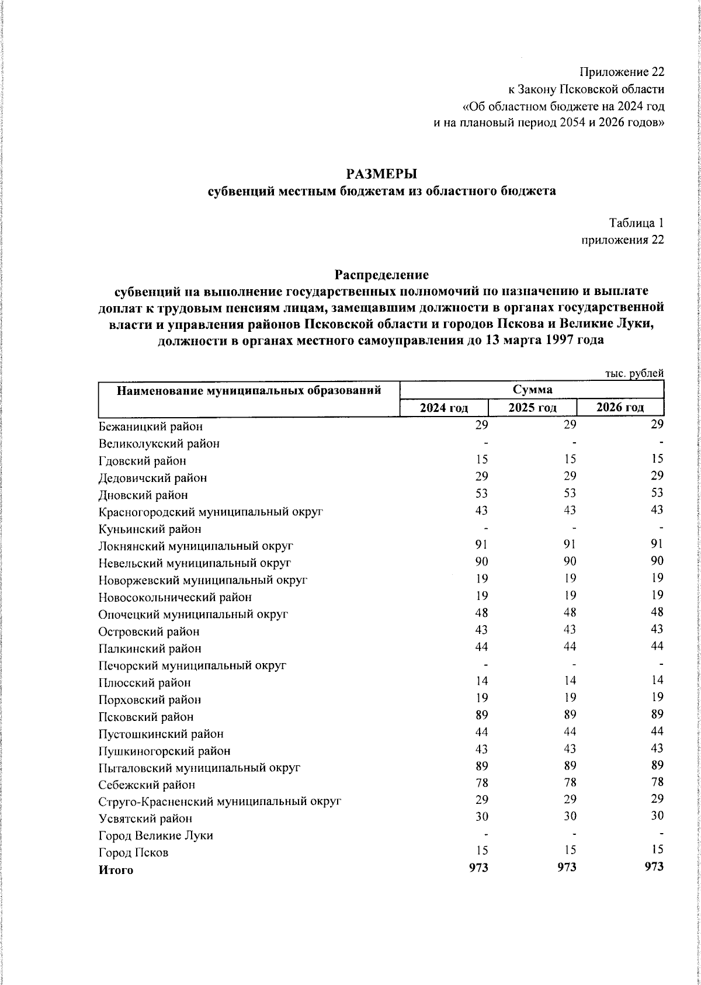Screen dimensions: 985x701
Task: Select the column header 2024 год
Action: pyautogui.click(x=444, y=407)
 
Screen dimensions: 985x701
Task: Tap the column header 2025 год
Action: pyautogui.click(x=532, y=407)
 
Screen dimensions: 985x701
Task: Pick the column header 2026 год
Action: pyautogui.click(x=620, y=407)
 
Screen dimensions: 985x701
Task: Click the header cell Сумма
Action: pyautogui.click(x=532, y=389)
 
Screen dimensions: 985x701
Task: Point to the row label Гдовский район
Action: pyautogui.click(x=143, y=461)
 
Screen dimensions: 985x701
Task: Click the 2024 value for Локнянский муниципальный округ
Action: pyautogui.click(x=482, y=544)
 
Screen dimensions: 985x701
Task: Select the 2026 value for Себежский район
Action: pyautogui.click(x=657, y=782)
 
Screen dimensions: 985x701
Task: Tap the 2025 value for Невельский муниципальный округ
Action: pyautogui.click(x=570, y=561)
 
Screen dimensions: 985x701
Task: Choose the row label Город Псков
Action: pyautogui.click(x=134, y=852)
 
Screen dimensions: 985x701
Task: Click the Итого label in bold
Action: pyautogui.click(x=116, y=870)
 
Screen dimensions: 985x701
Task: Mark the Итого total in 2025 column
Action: pyautogui.click(x=566, y=868)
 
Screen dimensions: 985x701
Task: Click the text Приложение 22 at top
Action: pyautogui.click(x=622, y=72)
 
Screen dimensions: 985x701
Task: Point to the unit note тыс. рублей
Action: pyautogui.click(x=634, y=374)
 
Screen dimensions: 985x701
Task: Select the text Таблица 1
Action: pyautogui.click(x=636, y=223)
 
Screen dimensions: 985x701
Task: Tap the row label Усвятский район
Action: pyautogui.click(x=145, y=818)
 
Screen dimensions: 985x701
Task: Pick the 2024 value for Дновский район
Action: pyautogui.click(x=482, y=494)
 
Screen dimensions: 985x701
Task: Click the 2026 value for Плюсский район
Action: pyautogui.click(x=657, y=681)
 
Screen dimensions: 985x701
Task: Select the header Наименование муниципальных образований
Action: pyautogui.click(x=249, y=390)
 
